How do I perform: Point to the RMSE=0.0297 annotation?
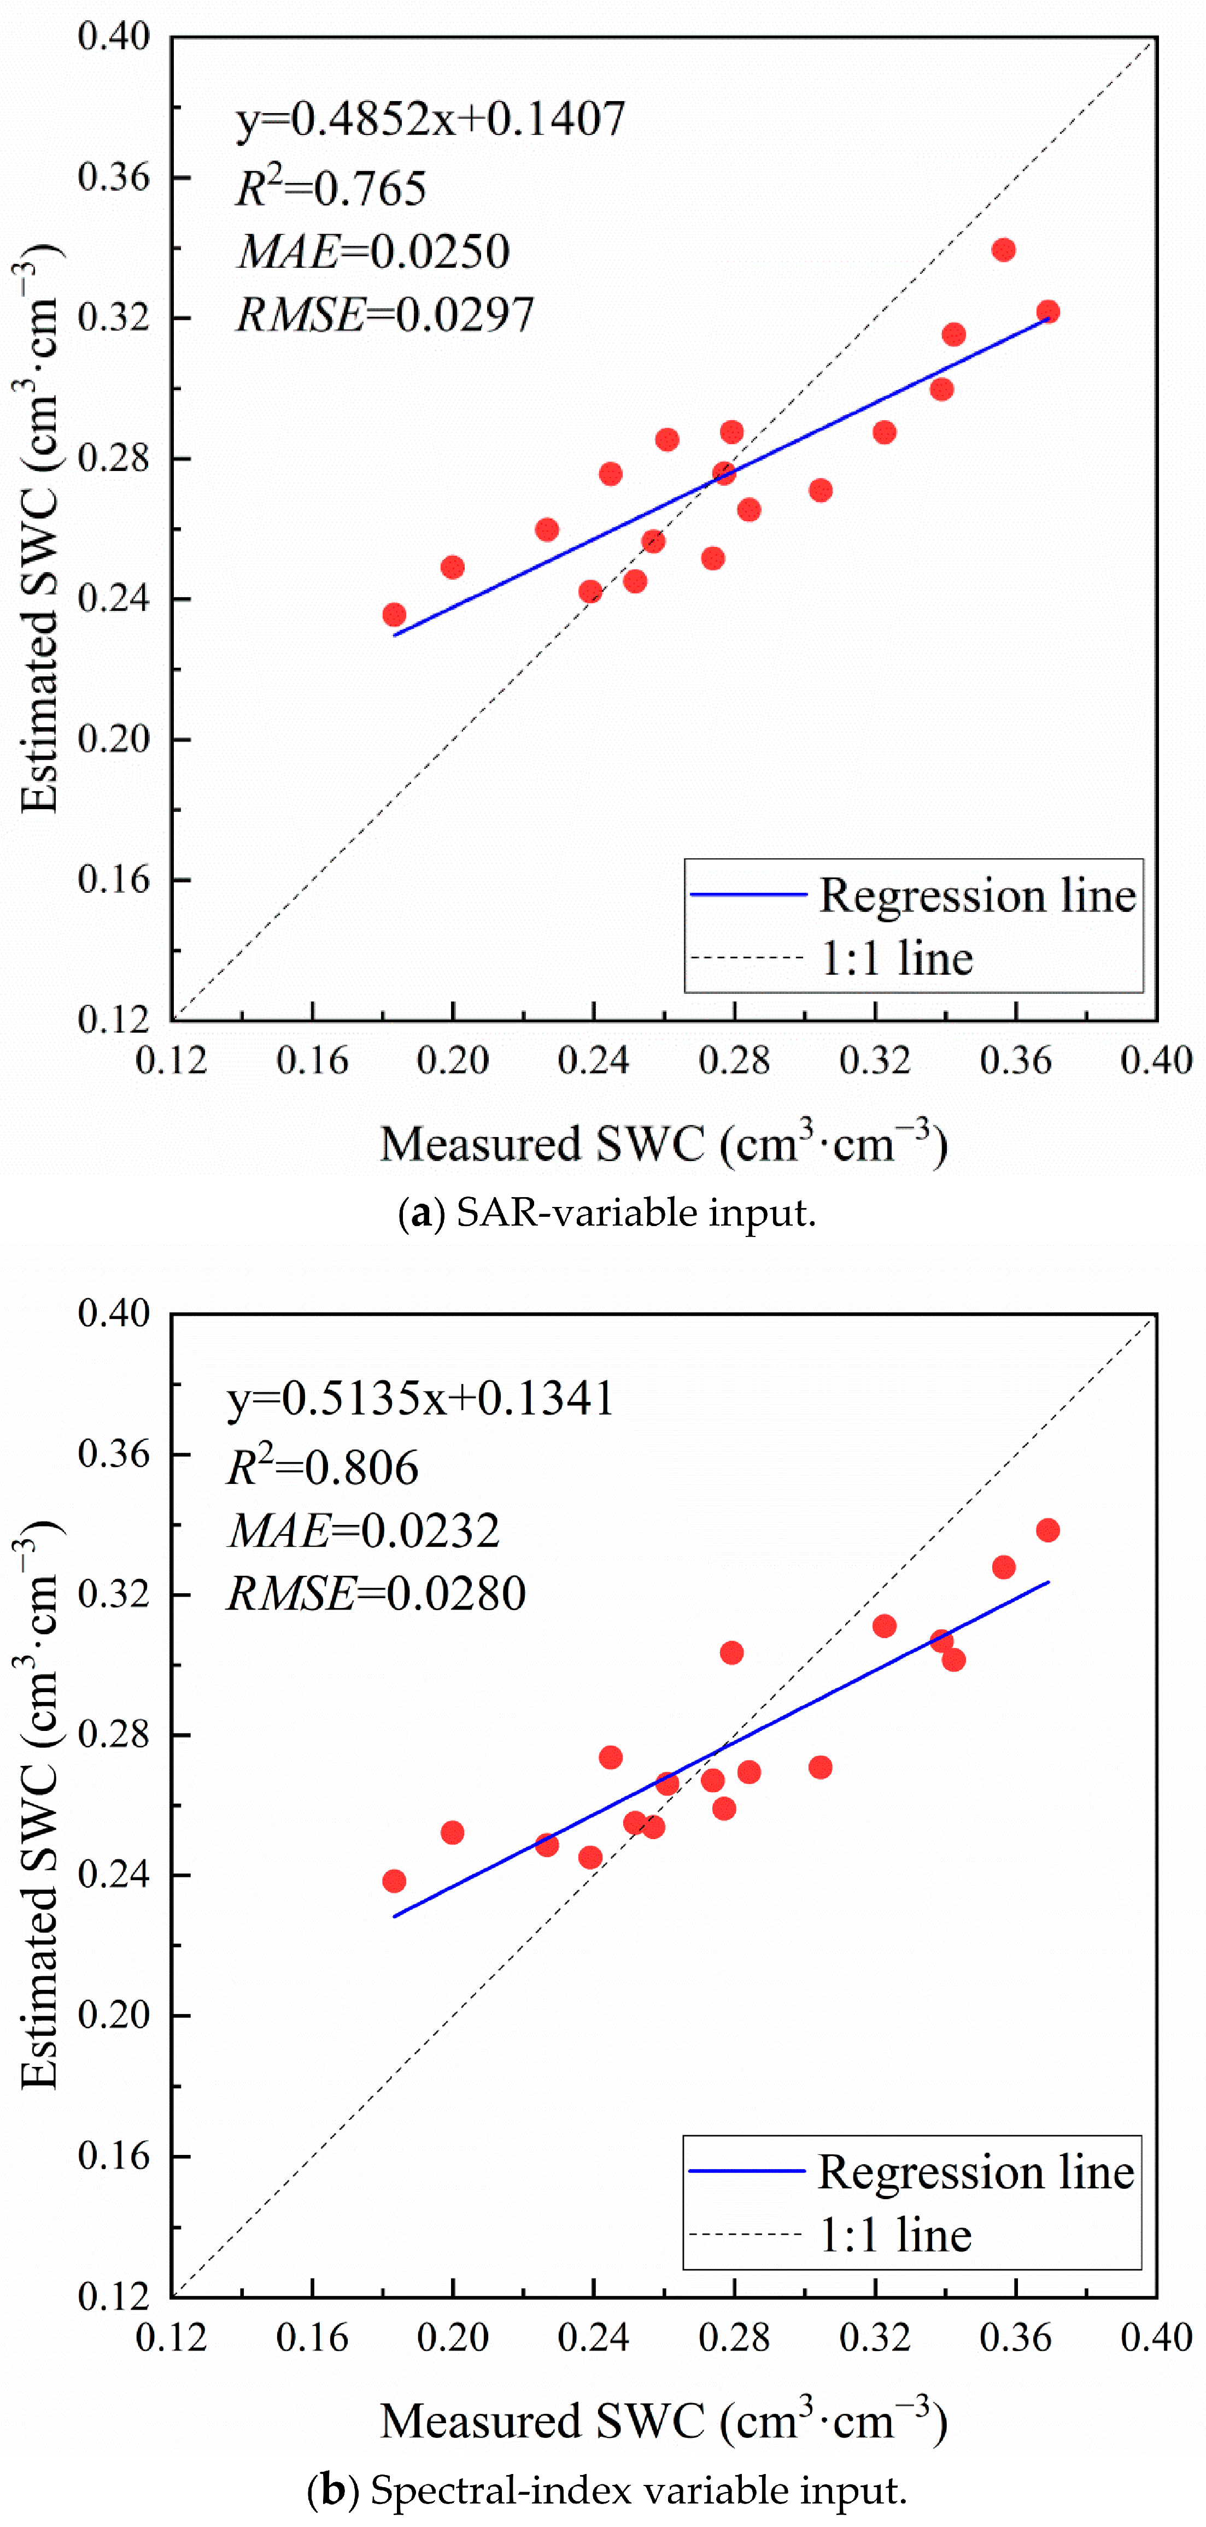coord(385,315)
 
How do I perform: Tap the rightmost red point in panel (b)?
coord(1048,1530)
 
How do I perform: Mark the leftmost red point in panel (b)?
coord(395,1881)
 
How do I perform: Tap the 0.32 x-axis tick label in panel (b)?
coord(875,2337)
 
